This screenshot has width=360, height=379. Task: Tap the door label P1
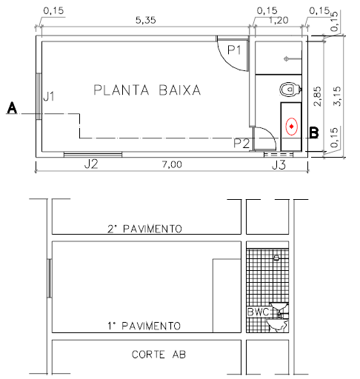point(236,50)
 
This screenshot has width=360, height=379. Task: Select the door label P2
point(242,143)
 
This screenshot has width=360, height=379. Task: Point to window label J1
point(49,95)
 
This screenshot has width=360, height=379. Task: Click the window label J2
point(90,164)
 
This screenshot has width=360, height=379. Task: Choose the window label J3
point(278,164)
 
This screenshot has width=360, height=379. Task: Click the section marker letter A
point(12,108)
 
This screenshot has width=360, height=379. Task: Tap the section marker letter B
point(313,133)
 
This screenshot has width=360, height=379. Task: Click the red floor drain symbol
point(292,127)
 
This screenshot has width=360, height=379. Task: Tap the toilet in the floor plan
point(287,90)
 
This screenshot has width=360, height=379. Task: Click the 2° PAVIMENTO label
point(144,229)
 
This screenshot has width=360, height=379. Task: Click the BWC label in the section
point(257,312)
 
